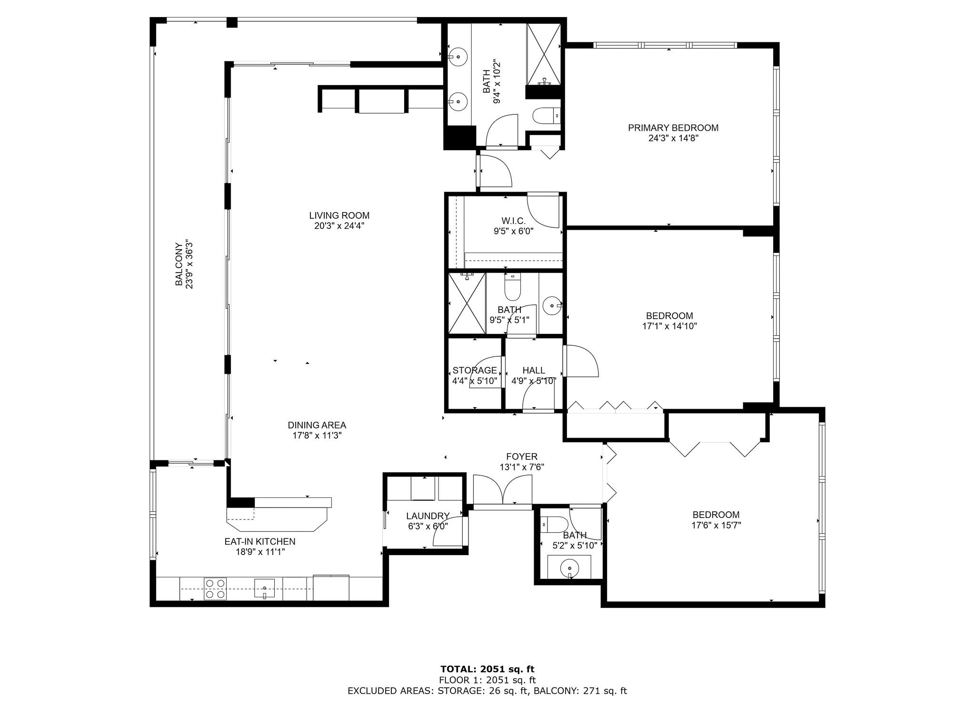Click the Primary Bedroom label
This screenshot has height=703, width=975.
[x=673, y=127]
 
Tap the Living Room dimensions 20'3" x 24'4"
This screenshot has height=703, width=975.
[x=339, y=226]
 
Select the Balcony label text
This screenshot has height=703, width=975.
[x=179, y=264]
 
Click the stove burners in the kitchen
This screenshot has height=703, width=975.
[x=215, y=588]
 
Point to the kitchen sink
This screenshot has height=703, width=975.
[x=265, y=588]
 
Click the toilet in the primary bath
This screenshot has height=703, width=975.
[x=547, y=116]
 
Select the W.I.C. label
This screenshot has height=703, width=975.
[x=513, y=221]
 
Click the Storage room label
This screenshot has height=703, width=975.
[x=475, y=371]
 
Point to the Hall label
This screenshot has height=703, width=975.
[x=534, y=371]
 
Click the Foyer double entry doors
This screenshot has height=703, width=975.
[x=503, y=489]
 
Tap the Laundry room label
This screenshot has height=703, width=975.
[x=428, y=516]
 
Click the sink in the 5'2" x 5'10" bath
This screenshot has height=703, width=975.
[x=569, y=567]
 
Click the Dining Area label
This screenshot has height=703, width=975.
[x=317, y=425]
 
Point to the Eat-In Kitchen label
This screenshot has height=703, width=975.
[x=260, y=541]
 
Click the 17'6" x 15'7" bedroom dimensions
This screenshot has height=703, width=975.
[x=716, y=525]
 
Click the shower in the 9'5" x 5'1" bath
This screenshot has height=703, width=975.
[x=468, y=303]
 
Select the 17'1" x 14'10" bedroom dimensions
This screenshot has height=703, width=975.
[x=669, y=326]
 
